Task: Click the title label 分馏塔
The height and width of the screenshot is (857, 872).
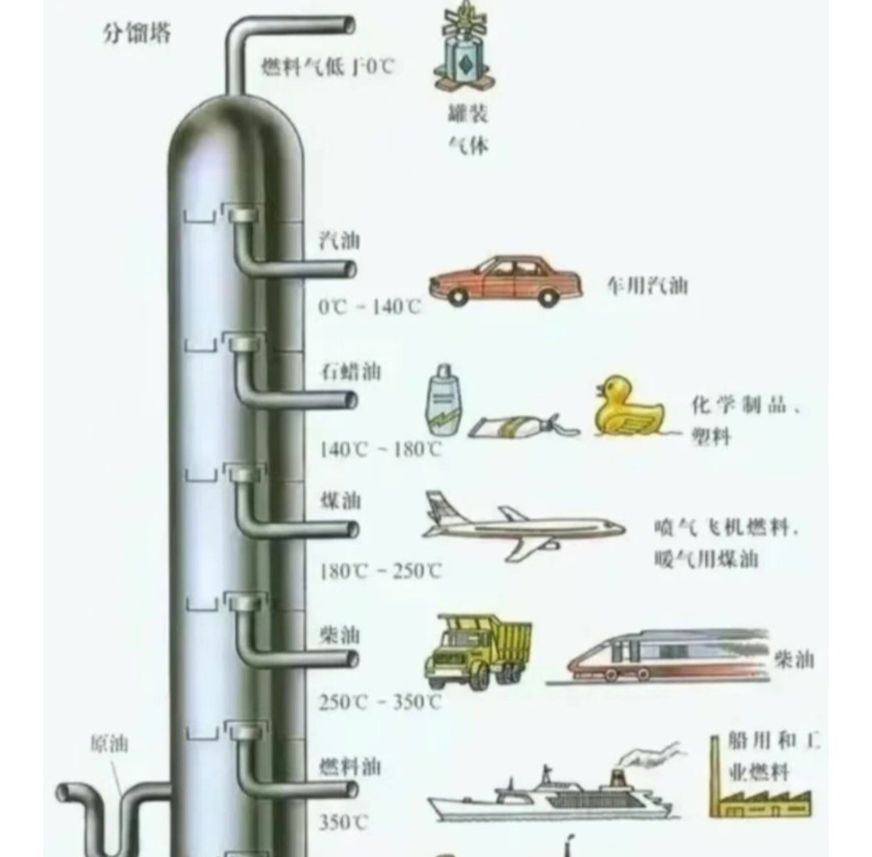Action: pyautogui.click(x=136, y=34)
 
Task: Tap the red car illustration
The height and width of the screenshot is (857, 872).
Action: pyautogui.click(x=505, y=281)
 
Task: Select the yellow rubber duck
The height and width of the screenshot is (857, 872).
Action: pyautogui.click(x=629, y=406)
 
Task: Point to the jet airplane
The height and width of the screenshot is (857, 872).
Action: pyautogui.click(x=521, y=526)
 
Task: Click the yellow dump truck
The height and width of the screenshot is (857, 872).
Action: pyautogui.click(x=478, y=650)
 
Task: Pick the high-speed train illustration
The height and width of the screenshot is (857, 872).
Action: pyautogui.click(x=666, y=655)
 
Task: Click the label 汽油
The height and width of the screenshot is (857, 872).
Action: pyautogui.click(x=339, y=240)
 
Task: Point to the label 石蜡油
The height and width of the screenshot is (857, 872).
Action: pyautogui.click(x=350, y=372)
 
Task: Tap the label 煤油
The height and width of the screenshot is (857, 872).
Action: pyautogui.click(x=340, y=501)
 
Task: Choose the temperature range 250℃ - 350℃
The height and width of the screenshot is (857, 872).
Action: pyautogui.click(x=379, y=702)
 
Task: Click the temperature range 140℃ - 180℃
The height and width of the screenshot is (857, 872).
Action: pyautogui.click(x=379, y=449)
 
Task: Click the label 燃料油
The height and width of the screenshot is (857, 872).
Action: pyautogui.click(x=350, y=765)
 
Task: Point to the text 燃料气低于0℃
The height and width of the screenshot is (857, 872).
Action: pyautogui.click(x=328, y=67)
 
